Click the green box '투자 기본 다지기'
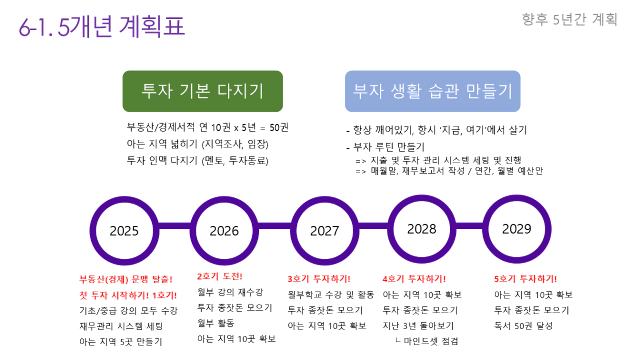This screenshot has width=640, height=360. click(203, 91)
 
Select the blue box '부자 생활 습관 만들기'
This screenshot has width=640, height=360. click(433, 91)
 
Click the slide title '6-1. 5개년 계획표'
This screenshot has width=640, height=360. click(102, 26)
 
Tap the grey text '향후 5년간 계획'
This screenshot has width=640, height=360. click(569, 19)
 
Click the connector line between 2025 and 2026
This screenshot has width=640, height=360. click(174, 226)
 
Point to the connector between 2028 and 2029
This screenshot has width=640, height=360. click(469, 226)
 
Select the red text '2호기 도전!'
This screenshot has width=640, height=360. click(219, 276)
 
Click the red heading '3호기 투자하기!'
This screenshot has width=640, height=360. click(319, 278)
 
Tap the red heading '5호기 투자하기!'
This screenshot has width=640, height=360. click(525, 278)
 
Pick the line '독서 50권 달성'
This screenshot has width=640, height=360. click(524, 326)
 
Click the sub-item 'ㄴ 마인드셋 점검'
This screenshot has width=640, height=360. click(427, 341)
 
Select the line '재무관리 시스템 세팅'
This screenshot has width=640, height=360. click(121, 326)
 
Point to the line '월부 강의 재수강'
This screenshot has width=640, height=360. click(230, 292)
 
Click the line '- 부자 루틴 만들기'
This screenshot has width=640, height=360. click(385, 147)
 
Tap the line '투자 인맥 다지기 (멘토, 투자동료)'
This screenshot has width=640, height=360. click(197, 161)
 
